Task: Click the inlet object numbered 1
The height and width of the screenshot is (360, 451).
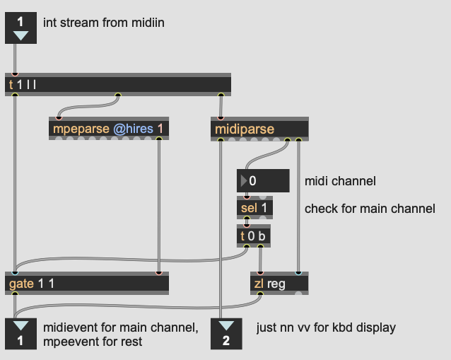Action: (20, 28)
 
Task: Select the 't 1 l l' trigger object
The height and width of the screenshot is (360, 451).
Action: (118, 85)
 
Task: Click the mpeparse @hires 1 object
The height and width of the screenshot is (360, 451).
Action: (109, 128)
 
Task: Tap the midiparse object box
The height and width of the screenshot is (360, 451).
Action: (259, 129)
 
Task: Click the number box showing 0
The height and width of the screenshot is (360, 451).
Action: (263, 181)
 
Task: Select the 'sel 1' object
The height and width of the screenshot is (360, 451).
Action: (254, 208)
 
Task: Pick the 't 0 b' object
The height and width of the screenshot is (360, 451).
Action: (253, 236)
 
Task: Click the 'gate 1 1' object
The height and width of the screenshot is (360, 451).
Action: (87, 283)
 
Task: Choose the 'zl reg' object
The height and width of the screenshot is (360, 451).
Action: (279, 283)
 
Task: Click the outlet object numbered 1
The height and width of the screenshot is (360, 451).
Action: (20, 334)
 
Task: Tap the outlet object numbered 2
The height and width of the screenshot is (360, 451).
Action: (226, 334)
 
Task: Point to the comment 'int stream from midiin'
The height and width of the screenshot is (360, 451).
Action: (104, 23)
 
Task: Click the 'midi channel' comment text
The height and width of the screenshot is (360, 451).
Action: (340, 181)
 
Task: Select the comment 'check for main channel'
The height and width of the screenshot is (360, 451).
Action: (370, 209)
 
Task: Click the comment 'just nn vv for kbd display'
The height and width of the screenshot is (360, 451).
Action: (326, 327)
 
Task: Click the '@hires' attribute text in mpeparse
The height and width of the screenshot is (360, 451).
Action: (133, 129)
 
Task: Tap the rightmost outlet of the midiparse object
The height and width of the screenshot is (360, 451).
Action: (298, 140)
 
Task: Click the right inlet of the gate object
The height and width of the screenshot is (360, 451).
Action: (159, 272)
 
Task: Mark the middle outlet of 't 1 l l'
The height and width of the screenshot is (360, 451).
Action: (118, 95)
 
